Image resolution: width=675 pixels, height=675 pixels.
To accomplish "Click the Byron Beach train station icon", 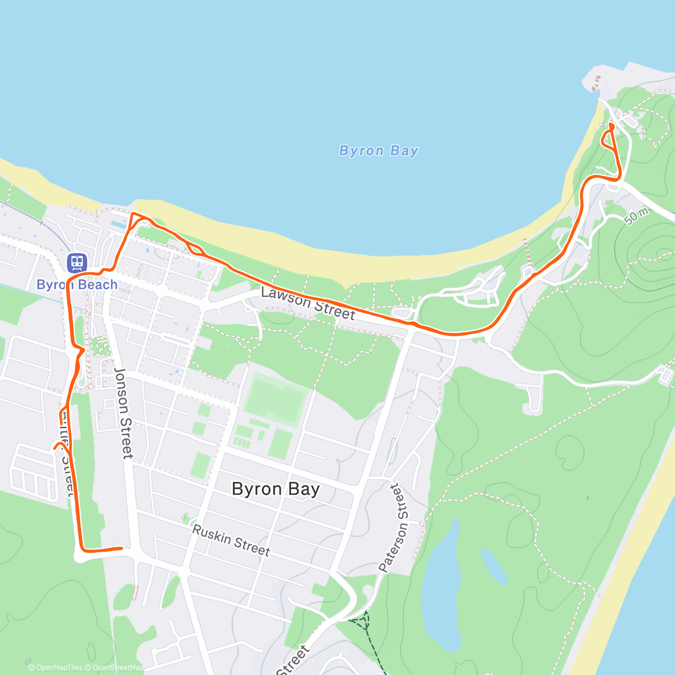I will click(76, 262).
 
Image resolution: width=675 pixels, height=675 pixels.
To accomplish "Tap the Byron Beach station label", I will click(77, 285).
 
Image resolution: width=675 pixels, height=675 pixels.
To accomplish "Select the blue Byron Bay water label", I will click(379, 151).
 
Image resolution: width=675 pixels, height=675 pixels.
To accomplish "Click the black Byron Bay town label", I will click(276, 489).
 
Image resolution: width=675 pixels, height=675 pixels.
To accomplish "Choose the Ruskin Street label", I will click(231, 540).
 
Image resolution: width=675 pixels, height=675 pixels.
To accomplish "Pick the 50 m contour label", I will click(636, 216).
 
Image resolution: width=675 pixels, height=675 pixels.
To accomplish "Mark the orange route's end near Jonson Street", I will click(121, 547).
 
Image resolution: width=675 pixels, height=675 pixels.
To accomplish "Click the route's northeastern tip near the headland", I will click(611, 124).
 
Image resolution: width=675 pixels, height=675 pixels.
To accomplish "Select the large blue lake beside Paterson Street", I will click(444, 585).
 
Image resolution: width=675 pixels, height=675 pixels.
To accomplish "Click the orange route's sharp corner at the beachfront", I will click(133, 214).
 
